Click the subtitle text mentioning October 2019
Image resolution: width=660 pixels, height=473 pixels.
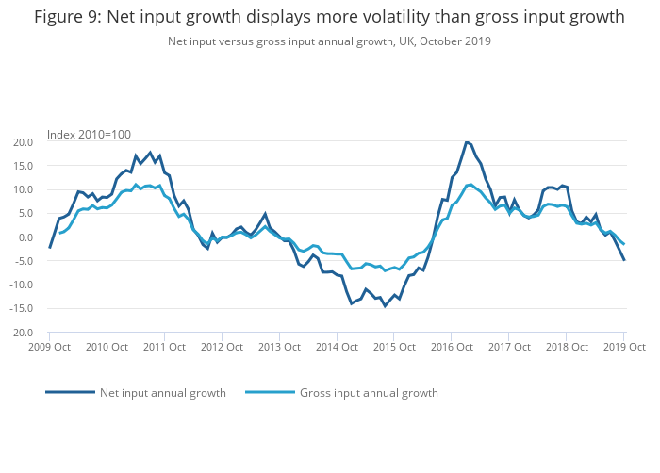tap(329, 41)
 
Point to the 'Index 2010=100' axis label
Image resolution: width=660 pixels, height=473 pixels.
tap(89, 135)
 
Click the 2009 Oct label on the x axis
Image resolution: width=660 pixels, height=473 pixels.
tap(49, 348)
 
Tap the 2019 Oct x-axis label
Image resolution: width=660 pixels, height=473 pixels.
tap(623, 348)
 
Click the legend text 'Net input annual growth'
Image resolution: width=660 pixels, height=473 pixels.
tap(163, 393)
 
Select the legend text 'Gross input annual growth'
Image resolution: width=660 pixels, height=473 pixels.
tap(369, 393)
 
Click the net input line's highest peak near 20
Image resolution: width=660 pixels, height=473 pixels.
tap(467, 142)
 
